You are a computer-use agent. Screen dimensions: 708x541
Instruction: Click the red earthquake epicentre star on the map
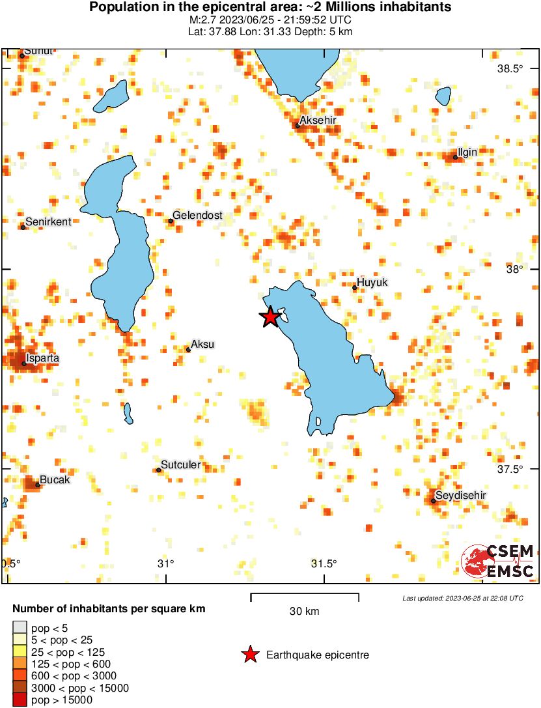click(270, 317)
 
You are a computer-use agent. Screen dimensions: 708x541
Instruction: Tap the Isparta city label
click(42, 358)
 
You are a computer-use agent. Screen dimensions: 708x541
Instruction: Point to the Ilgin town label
click(467, 152)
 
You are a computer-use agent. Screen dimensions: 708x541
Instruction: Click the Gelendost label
click(198, 216)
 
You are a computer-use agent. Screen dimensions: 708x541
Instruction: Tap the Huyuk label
click(372, 282)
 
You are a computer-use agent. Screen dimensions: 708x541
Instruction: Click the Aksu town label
click(202, 344)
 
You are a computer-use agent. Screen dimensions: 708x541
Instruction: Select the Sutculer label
click(180, 465)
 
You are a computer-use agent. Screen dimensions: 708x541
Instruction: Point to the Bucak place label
click(55, 480)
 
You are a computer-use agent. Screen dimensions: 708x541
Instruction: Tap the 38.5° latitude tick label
click(510, 69)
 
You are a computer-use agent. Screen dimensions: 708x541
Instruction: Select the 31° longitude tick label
click(167, 563)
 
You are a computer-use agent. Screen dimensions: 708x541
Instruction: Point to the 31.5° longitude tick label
click(324, 563)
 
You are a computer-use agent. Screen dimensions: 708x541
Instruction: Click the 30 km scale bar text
click(304, 612)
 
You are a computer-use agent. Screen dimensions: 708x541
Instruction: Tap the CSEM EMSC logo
click(498, 561)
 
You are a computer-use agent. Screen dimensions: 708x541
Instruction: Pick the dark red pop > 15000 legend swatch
click(20, 700)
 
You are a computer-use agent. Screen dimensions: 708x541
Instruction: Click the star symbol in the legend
click(250, 655)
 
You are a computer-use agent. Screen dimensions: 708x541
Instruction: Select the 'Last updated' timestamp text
click(462, 598)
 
